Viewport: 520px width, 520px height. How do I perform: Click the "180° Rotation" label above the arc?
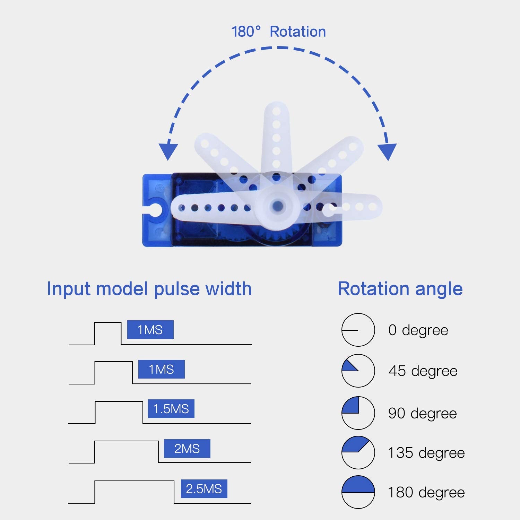coord(278,32)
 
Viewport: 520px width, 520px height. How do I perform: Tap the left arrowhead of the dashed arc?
coord(168,151)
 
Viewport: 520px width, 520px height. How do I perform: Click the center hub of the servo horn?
coord(277,206)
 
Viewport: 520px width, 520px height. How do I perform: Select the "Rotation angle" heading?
coord(400,289)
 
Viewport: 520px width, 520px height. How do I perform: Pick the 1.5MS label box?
coord(171,409)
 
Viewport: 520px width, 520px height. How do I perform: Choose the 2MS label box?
coord(187,449)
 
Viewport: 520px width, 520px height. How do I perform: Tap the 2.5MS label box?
coord(204,489)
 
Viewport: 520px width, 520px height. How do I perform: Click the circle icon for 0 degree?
coord(358,330)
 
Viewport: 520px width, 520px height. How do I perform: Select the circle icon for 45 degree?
coord(358,371)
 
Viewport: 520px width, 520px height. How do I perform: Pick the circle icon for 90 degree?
coord(358,413)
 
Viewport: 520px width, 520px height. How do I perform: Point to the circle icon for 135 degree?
coord(358,452)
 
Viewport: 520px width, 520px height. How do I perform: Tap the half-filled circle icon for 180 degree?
coord(358,492)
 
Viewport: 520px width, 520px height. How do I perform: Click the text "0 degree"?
coord(418,330)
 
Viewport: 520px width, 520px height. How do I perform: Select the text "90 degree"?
coord(422,413)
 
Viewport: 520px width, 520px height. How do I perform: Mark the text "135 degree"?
coord(426,453)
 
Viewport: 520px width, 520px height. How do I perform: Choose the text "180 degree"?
coord(426,492)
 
